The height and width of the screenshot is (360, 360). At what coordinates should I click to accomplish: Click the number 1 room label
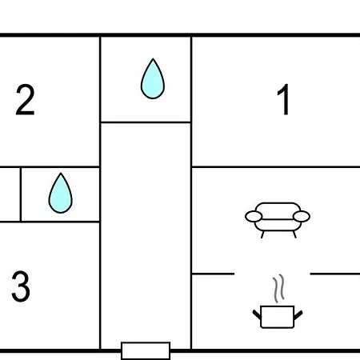pyautogui.click(x=284, y=99)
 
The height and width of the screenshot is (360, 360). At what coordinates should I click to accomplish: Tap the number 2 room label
pyautogui.click(x=25, y=99)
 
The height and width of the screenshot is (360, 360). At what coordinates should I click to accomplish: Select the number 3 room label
pyautogui.click(x=21, y=286)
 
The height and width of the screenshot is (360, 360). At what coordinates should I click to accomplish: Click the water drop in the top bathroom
pyautogui.click(x=153, y=79)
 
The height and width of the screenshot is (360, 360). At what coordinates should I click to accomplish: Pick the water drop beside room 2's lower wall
pyautogui.click(x=61, y=194)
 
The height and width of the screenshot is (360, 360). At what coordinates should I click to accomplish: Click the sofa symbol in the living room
pyautogui.click(x=278, y=220)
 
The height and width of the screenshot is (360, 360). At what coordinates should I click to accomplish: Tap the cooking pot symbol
pyautogui.click(x=278, y=317)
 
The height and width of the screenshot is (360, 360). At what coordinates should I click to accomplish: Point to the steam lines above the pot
pyautogui.click(x=278, y=289)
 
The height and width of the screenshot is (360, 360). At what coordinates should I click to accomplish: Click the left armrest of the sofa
pyautogui.click(x=254, y=216)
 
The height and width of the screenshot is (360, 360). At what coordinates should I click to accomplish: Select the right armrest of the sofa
pyautogui.click(x=302, y=216)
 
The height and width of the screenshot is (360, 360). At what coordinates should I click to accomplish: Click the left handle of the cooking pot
pyautogui.click(x=257, y=314)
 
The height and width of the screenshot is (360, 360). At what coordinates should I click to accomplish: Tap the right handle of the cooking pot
pyautogui.click(x=298, y=314)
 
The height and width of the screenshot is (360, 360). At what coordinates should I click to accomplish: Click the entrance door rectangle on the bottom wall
pyautogui.click(x=146, y=350)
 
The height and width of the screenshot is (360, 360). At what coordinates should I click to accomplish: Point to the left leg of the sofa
pyautogui.click(x=262, y=234)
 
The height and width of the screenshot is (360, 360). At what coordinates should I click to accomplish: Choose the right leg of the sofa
pyautogui.click(x=294, y=234)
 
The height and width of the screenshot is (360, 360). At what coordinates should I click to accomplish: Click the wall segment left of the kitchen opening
pyautogui.click(x=213, y=274)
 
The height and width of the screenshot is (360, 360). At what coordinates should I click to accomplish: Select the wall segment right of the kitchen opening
pyautogui.click(x=335, y=274)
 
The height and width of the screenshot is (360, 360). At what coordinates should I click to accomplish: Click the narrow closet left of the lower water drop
pyautogui.click(x=10, y=194)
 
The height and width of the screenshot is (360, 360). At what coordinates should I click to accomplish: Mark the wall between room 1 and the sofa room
pyautogui.click(x=276, y=167)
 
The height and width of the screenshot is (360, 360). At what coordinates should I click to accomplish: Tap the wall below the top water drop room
pyautogui.click(x=146, y=122)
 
